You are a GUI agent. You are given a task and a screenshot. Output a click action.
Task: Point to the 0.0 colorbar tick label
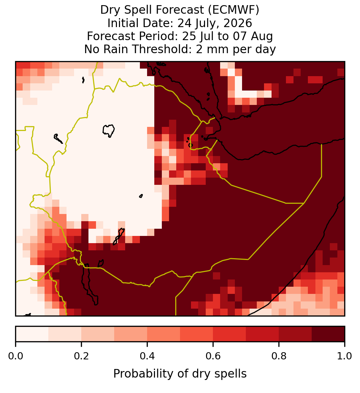tap(15, 356)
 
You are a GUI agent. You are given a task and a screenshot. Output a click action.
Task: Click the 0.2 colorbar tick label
tap(81, 356)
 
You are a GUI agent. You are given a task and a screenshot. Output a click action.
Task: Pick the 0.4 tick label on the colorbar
tap(147, 356)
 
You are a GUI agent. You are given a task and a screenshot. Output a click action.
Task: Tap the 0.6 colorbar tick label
tap(213, 356)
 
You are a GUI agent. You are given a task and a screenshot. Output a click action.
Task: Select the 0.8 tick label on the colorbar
tap(279, 356)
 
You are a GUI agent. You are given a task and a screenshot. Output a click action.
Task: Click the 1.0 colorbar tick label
tap(345, 356)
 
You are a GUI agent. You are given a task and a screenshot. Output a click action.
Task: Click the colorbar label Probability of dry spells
tap(180, 374)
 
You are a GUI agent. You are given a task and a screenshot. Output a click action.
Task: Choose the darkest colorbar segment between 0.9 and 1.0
tap(328, 334)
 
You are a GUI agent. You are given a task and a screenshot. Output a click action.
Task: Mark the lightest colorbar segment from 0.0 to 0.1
tap(32, 334)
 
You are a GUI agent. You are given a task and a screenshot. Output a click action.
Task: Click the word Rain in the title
tap(118, 49)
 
